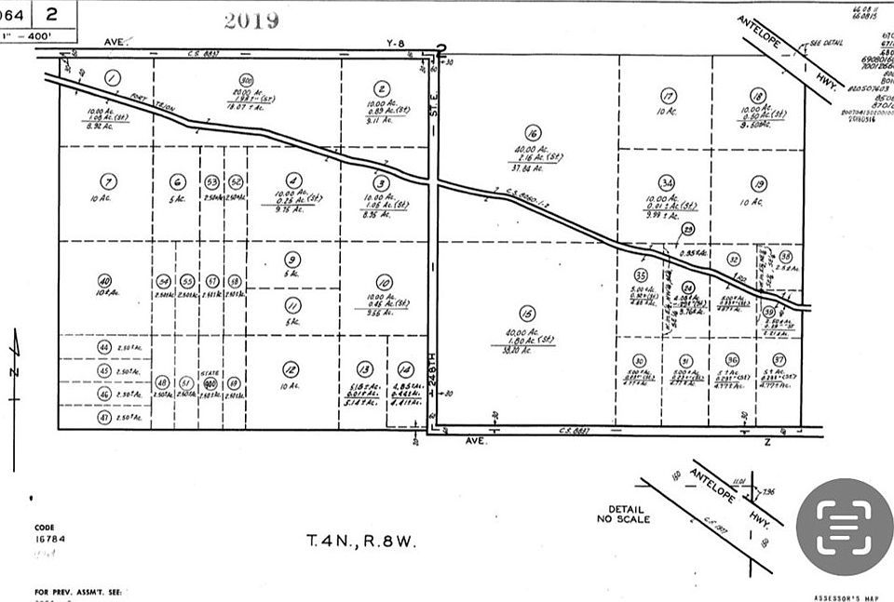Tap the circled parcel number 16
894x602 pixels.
coord(533,132)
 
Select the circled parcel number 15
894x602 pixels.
coord(528,314)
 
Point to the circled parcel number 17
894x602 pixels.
coord(668,96)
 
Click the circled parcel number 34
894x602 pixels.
coord(666,182)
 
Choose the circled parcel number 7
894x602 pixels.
coord(109,181)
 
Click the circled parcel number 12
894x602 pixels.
coord(291,368)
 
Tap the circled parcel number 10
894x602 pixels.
coord(384,282)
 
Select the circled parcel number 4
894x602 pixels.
coord(293,181)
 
